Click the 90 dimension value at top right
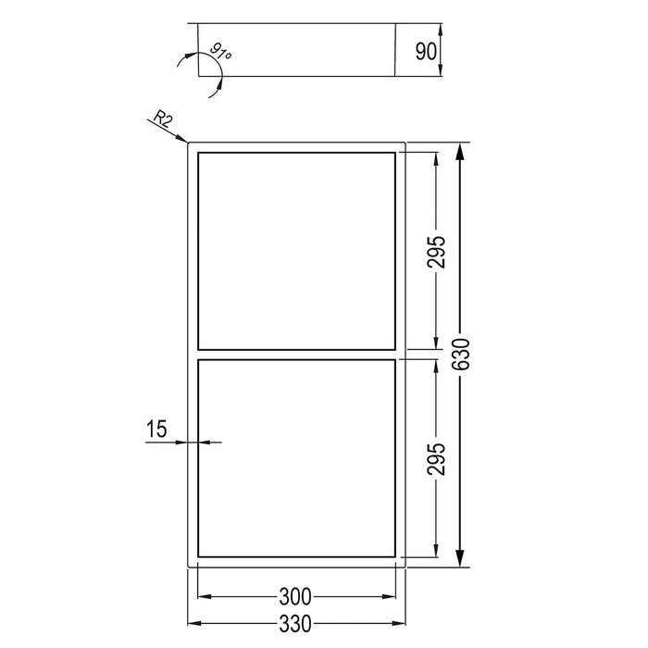(426, 50)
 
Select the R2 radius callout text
(162, 118)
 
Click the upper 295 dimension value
(438, 251)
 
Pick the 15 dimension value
(156, 429)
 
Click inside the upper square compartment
(296, 249)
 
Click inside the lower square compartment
(296, 457)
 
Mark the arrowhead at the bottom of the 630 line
(461, 560)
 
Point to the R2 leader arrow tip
(186, 142)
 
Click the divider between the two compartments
(296, 354)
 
